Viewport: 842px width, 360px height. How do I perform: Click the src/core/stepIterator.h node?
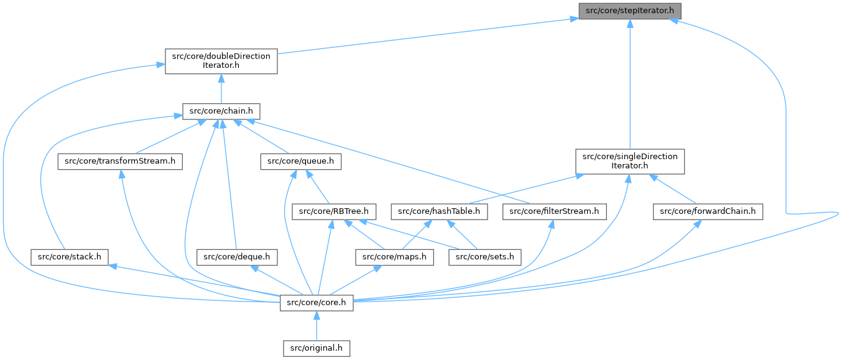tap(630, 11)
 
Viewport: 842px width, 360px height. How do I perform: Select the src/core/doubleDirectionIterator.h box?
tap(221, 62)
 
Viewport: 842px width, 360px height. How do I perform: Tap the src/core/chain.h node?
tap(221, 111)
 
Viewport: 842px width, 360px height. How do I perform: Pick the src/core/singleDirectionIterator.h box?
tap(630, 161)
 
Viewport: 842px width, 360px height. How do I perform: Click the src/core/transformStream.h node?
tap(120, 161)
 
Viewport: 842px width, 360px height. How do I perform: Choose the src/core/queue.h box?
tap(300, 161)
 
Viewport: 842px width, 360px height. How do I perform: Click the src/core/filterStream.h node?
tap(554, 211)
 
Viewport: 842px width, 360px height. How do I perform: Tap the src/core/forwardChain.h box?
tap(708, 211)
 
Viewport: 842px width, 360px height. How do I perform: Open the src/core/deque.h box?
tap(237, 256)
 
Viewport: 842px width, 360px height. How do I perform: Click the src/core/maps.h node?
tap(394, 256)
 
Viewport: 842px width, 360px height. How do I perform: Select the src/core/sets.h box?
tap(486, 256)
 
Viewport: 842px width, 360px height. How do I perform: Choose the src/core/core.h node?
tap(317, 303)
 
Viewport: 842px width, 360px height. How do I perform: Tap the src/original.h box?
tap(317, 348)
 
